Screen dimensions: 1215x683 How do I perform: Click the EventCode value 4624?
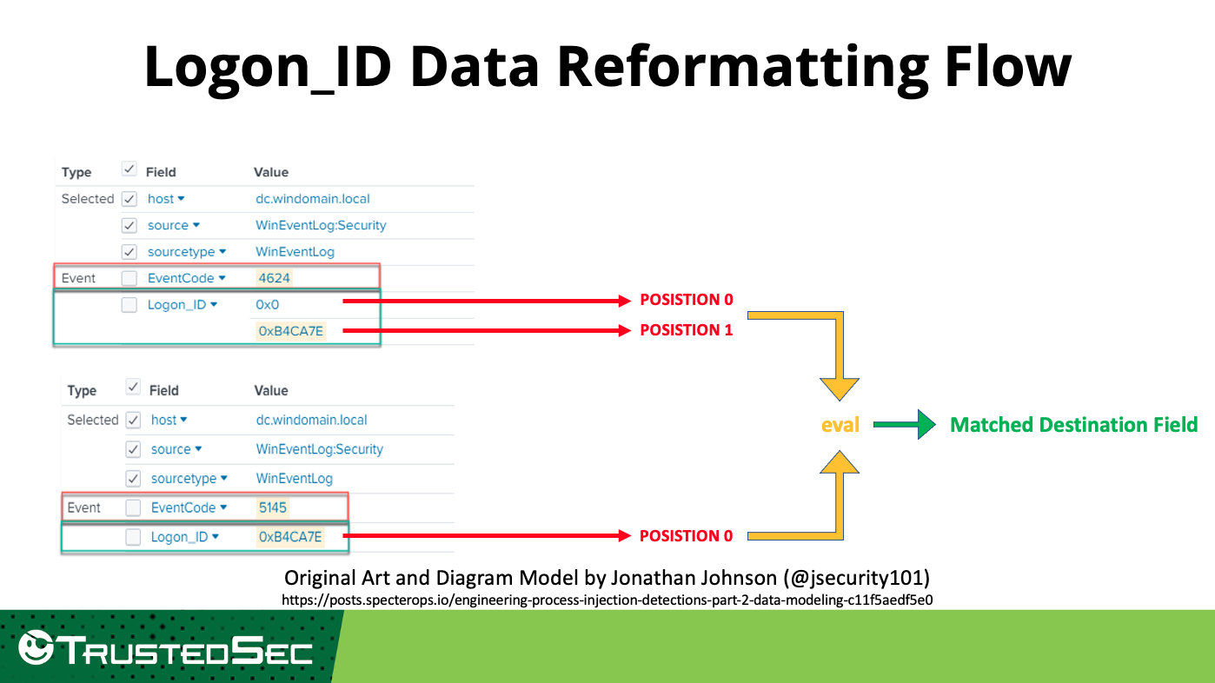pyautogui.click(x=274, y=278)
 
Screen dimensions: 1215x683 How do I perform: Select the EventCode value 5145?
pyautogui.click(x=272, y=507)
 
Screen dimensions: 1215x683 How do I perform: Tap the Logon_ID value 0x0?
pyautogui.click(x=268, y=305)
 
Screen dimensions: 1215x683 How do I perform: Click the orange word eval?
pyautogui.click(x=840, y=425)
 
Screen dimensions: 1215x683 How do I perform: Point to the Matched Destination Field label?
pyautogui.click(x=1074, y=425)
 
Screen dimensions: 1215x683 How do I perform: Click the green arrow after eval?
pyautogui.click(x=904, y=424)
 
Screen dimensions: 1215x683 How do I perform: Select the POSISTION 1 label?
pyautogui.click(x=686, y=330)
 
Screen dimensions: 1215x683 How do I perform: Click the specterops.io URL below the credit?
pyautogui.click(x=607, y=600)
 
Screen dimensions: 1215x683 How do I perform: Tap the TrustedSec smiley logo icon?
pyautogui.click(x=36, y=647)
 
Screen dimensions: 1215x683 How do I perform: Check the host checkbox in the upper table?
pyautogui.click(x=129, y=199)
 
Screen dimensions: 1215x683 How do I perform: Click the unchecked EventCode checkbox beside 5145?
pyautogui.click(x=133, y=507)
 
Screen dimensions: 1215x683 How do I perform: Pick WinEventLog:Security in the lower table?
pyautogui.click(x=320, y=449)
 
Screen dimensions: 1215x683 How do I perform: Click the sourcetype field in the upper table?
pyautogui.click(x=181, y=252)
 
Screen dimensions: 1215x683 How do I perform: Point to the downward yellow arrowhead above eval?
pyautogui.click(x=839, y=389)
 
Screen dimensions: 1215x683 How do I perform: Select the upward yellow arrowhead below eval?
pyautogui.click(x=839, y=462)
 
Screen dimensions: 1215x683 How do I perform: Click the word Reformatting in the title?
pyautogui.click(x=742, y=67)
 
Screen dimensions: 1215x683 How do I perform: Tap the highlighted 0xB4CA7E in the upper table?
pyautogui.click(x=291, y=331)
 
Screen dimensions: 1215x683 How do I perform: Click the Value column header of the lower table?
pyautogui.click(x=271, y=390)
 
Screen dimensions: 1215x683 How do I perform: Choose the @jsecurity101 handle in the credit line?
pyautogui.click(x=856, y=579)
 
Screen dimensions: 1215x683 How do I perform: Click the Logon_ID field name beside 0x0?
pyautogui.click(x=176, y=305)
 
